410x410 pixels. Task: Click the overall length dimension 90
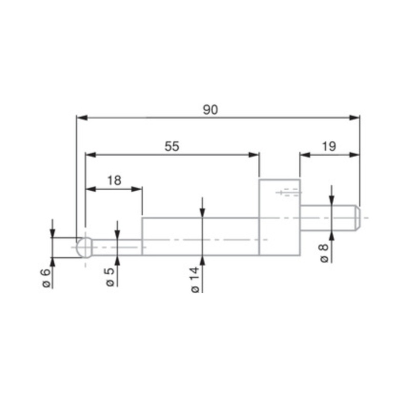click(x=210, y=110)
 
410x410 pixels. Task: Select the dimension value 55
click(x=172, y=147)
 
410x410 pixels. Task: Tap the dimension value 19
click(x=329, y=147)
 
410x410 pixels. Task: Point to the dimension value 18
click(x=114, y=180)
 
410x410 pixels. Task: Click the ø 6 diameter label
click(x=46, y=277)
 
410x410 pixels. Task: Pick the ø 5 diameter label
click(x=110, y=277)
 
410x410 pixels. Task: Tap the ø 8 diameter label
click(x=324, y=253)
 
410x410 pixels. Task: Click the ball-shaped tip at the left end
click(x=84, y=248)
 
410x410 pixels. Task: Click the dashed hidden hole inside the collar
click(x=289, y=193)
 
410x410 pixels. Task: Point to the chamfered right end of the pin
click(x=357, y=217)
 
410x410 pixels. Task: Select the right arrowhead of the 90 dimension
click(x=355, y=117)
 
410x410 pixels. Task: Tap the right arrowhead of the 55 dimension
click(x=254, y=154)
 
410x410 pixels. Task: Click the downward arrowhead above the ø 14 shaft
click(x=203, y=212)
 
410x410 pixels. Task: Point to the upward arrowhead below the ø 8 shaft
click(x=332, y=235)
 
